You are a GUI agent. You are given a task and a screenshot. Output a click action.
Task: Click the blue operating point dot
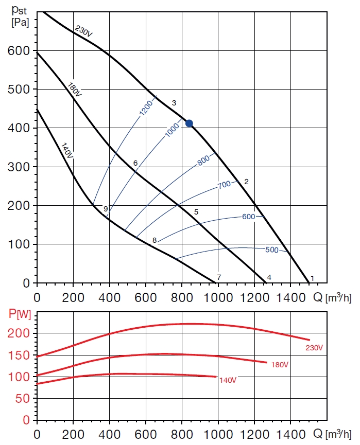(x=189, y=123)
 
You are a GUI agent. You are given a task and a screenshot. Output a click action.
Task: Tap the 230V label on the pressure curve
(x=83, y=31)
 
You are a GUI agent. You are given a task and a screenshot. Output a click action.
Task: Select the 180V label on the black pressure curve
(x=75, y=88)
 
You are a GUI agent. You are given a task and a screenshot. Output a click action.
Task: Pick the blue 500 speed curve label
(x=271, y=250)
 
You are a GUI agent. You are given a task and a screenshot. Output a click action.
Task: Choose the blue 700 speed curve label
(x=224, y=184)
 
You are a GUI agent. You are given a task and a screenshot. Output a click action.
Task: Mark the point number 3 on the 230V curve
(x=174, y=103)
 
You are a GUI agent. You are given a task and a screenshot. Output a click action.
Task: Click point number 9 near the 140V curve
(x=106, y=209)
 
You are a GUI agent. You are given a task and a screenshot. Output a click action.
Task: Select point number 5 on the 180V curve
(x=196, y=211)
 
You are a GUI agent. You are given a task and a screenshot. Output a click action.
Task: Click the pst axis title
(x=19, y=10)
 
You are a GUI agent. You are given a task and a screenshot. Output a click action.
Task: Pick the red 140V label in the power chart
(x=228, y=380)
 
